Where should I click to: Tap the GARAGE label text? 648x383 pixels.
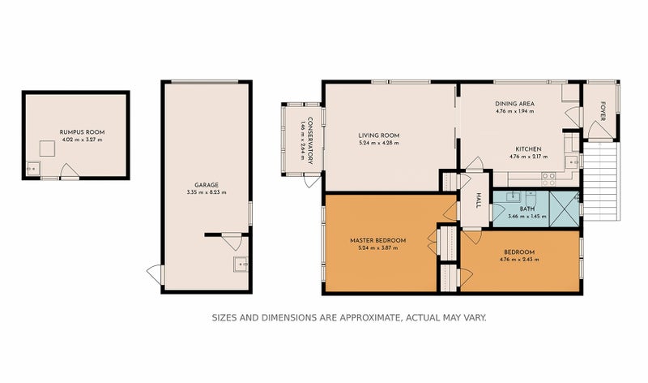pos(207,185)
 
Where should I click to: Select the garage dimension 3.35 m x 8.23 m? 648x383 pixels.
pos(207,193)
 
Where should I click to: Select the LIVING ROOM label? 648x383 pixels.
pos(379,136)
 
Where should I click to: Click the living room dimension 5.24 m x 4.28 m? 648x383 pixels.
pos(379,144)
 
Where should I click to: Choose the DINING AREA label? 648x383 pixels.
pos(515,104)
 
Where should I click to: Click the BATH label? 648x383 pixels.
pos(526,209)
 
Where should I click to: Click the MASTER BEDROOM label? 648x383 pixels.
pos(377,240)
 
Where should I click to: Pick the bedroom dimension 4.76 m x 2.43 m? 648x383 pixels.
pos(519,260)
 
